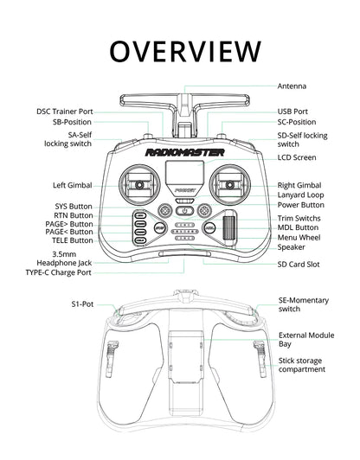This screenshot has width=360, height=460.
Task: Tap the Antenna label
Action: [292, 86]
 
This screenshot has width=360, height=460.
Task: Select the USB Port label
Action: [293, 112]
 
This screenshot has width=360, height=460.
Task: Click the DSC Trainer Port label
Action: [64, 112]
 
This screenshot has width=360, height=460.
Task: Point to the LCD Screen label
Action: [297, 158]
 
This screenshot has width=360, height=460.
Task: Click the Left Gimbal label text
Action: [72, 185]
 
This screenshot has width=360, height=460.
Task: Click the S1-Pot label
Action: [82, 304]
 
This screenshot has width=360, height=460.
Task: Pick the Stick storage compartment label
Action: [302, 364]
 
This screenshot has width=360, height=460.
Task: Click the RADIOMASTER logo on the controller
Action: [185, 152]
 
